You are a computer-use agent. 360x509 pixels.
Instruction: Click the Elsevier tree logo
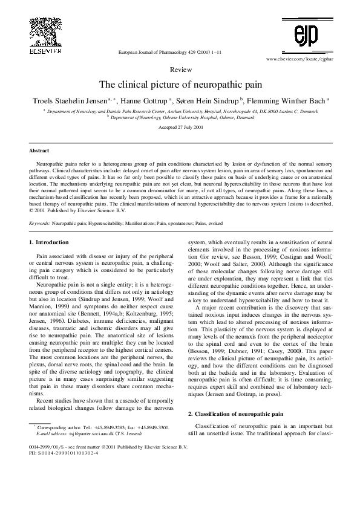[x=45, y=33]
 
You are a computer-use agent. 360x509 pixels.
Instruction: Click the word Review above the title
[x=182, y=70]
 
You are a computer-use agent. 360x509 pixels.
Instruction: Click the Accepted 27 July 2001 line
[x=181, y=128]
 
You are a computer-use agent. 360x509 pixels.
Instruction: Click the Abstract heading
[x=39, y=150]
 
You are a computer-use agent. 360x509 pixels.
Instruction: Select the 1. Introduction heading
[x=49, y=242]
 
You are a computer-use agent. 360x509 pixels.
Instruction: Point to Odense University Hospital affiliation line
[x=181, y=117]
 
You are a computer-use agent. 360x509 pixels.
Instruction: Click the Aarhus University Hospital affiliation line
[x=181, y=111]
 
